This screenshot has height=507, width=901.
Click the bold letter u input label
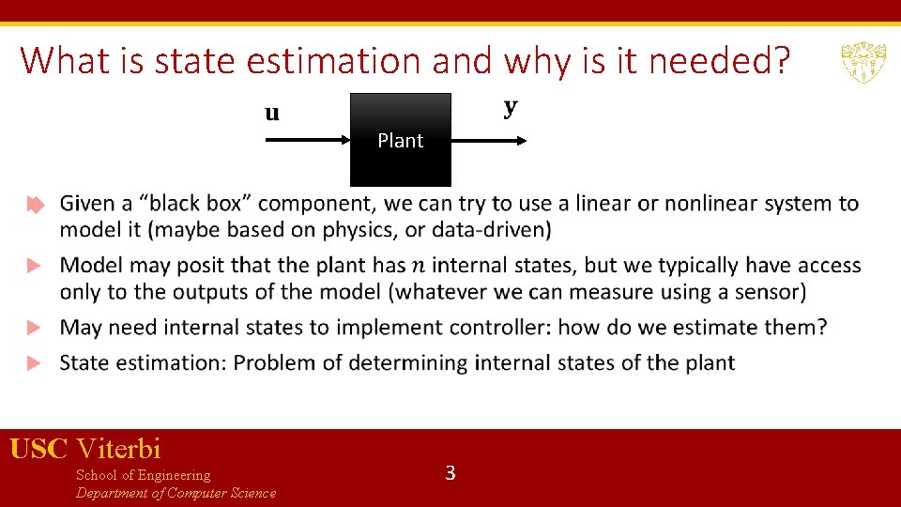(x=271, y=114)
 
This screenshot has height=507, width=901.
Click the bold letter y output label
(x=511, y=107)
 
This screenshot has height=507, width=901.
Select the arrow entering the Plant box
(x=308, y=140)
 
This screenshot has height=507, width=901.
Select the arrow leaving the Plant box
(x=489, y=140)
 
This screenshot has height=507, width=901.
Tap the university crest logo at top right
(x=861, y=62)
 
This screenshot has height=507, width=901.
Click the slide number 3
(x=450, y=473)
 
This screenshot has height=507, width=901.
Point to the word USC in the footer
(x=39, y=449)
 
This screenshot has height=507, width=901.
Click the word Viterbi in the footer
(x=119, y=449)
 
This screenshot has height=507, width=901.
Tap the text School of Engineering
(x=143, y=475)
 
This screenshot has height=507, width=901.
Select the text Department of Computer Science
(x=176, y=494)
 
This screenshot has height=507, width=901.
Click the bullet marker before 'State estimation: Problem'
(x=35, y=363)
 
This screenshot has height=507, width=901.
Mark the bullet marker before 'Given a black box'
(x=35, y=205)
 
